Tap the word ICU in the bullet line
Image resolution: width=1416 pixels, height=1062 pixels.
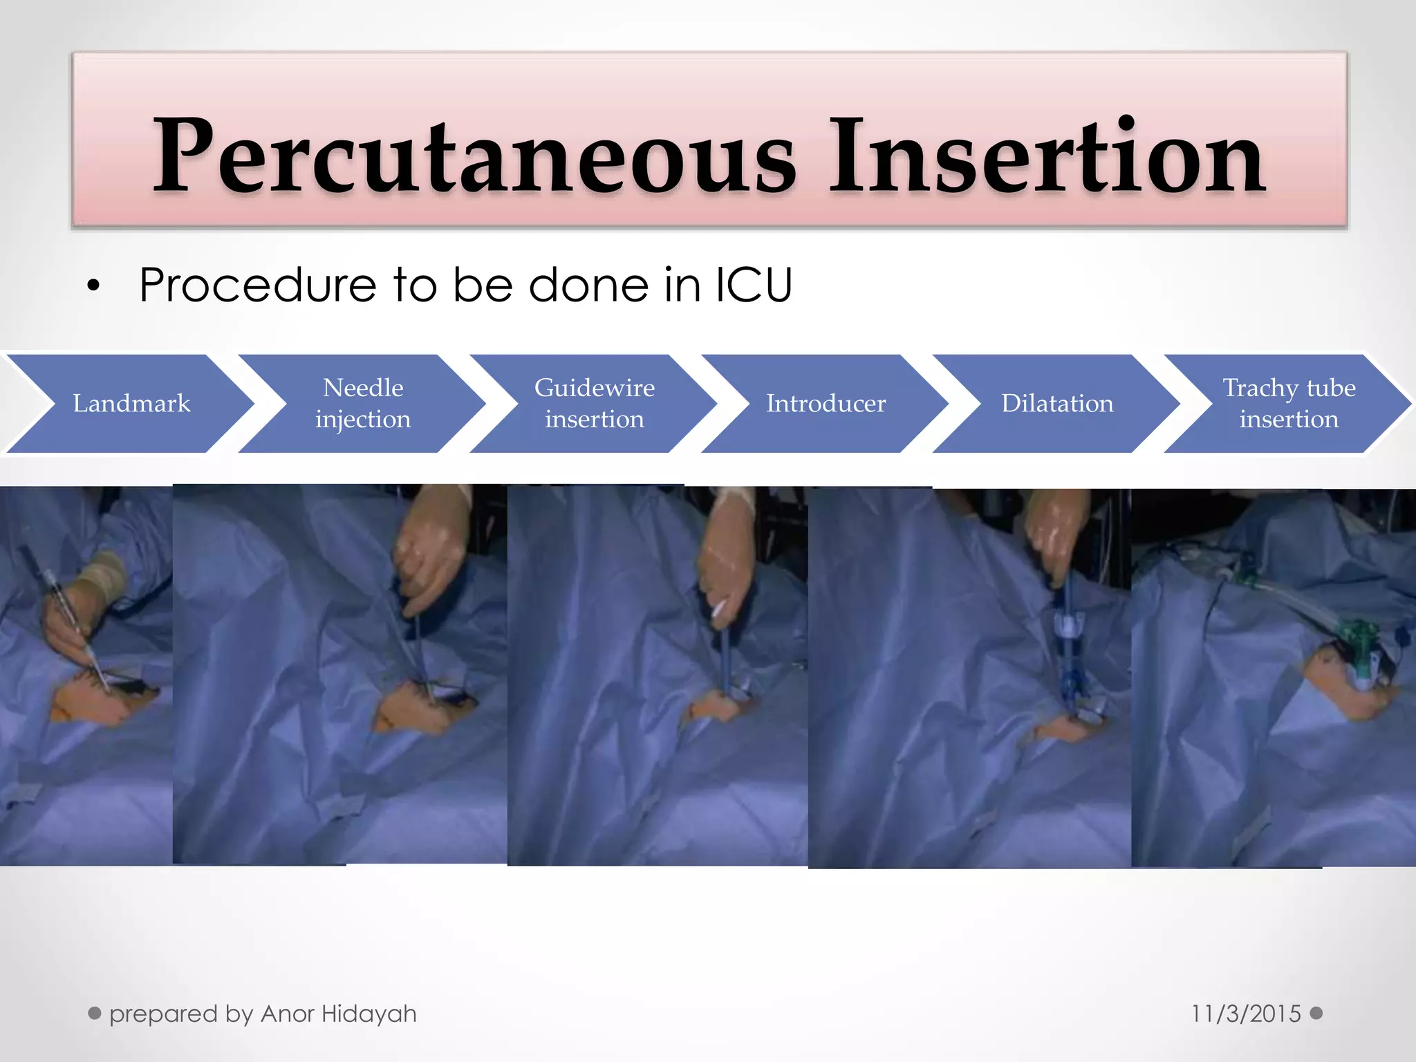point(753,285)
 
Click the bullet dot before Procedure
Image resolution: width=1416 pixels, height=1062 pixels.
point(94,286)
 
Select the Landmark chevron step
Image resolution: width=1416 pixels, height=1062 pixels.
point(131,404)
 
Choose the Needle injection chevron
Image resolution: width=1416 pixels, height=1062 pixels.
point(363,404)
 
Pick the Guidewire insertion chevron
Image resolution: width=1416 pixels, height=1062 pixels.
point(594,404)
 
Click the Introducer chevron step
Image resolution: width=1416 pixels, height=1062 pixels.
point(826,404)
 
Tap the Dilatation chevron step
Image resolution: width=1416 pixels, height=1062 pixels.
point(1057,404)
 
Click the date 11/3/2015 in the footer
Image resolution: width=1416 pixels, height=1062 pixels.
point(1246,1014)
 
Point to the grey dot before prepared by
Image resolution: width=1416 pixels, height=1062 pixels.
point(95,1014)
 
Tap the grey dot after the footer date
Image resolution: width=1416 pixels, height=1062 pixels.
point(1316,1014)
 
